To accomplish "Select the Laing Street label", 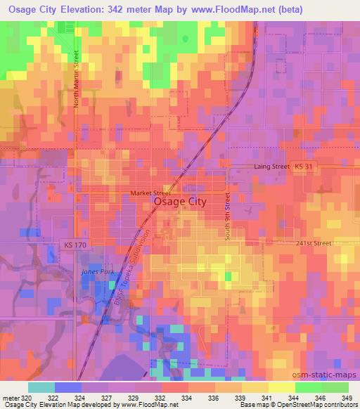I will tap(271, 167).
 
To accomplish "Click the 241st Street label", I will tap(313, 243).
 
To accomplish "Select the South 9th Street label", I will tap(228, 218).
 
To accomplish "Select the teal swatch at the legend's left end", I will tap(41, 387).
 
